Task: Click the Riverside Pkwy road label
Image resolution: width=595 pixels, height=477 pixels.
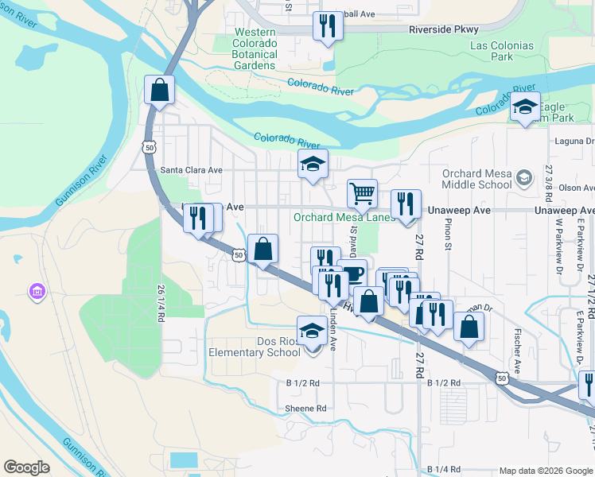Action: tap(444, 29)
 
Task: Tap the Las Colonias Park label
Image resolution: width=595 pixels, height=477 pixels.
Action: tap(502, 51)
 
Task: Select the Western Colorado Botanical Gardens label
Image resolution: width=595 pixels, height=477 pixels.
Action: tap(255, 48)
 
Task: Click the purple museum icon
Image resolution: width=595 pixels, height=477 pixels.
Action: tap(37, 293)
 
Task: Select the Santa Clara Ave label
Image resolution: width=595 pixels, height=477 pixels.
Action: tap(191, 169)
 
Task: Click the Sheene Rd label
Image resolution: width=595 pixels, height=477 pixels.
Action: tap(305, 409)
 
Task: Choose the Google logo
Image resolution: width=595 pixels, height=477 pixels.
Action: tap(26, 467)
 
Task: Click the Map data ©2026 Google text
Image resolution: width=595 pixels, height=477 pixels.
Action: tap(545, 471)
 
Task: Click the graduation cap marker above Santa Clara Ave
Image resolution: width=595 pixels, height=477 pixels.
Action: tap(313, 164)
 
